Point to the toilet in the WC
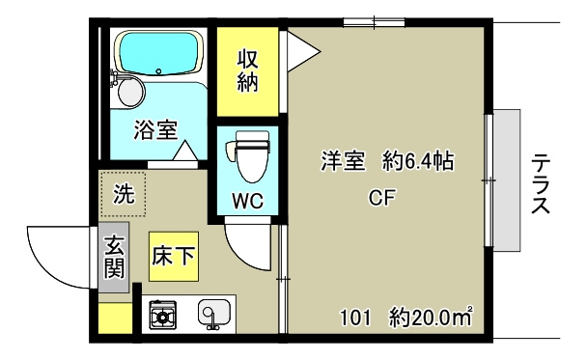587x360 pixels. (x=248, y=157)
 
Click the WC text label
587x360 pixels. (x=247, y=202)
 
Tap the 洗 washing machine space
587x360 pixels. (x=124, y=193)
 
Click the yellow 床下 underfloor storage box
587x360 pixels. (x=173, y=256)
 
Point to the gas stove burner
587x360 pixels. (x=162, y=314)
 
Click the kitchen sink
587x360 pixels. (x=212, y=314)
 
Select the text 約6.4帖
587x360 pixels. (x=417, y=162)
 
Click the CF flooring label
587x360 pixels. (x=383, y=198)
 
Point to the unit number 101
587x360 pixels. (x=354, y=316)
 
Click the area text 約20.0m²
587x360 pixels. (x=431, y=316)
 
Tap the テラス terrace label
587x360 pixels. (x=542, y=183)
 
